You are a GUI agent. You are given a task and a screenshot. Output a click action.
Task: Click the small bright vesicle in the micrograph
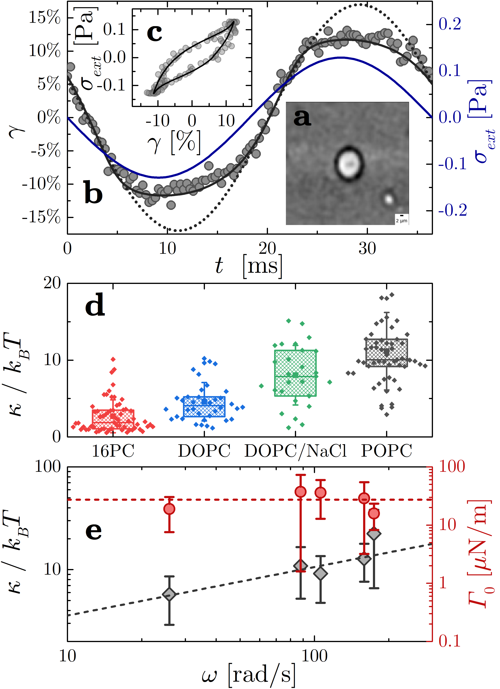coord(388,199)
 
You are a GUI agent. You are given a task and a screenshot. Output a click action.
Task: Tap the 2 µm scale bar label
coord(401,221)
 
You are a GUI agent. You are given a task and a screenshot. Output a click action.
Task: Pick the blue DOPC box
coord(204,406)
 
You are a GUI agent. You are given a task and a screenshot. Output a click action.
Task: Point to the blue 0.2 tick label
coord(450,24)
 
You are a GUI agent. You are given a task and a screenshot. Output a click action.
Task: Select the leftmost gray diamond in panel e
coord(169,594)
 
